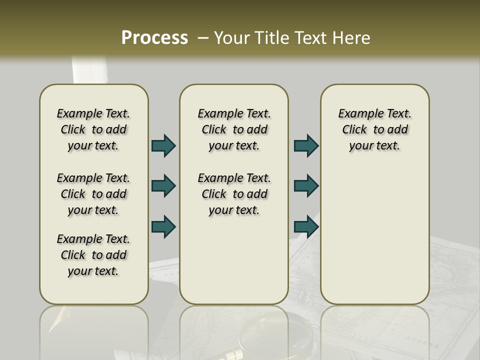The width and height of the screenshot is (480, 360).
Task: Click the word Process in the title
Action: pyautogui.click(x=154, y=38)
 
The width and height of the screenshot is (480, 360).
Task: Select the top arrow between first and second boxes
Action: pyautogui.click(x=163, y=145)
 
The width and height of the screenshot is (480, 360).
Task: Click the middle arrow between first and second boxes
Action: pyautogui.click(x=163, y=186)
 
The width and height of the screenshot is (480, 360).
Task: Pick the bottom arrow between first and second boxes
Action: pyautogui.click(x=163, y=226)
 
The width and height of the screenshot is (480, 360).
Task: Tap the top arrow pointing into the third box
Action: pyautogui.click(x=306, y=145)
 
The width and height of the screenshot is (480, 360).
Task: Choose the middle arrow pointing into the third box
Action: pyautogui.click(x=306, y=186)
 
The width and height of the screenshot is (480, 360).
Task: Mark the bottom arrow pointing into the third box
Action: pyautogui.click(x=306, y=226)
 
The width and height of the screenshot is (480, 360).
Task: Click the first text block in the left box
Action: pyautogui.click(x=93, y=129)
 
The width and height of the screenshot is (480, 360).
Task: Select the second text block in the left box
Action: pyautogui.click(x=93, y=194)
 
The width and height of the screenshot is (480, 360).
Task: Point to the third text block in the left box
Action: pyautogui.click(x=93, y=255)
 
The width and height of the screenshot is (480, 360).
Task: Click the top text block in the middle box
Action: pyautogui.click(x=234, y=129)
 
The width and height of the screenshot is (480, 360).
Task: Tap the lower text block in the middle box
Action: pyautogui.click(x=234, y=194)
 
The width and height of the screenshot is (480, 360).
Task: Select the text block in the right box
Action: pyautogui.click(x=374, y=129)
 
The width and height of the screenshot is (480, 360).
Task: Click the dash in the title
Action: pyautogui.click(x=203, y=38)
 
